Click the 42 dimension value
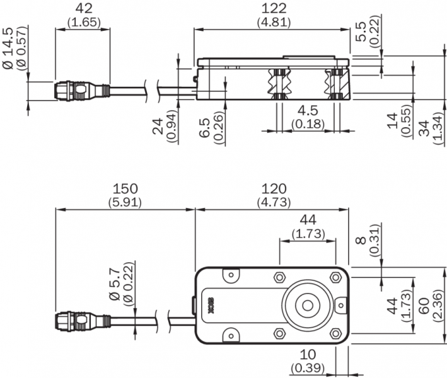(83, 9)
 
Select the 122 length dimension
(272, 9)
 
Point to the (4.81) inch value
(272, 22)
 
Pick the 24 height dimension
(158, 123)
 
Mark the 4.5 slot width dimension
(308, 110)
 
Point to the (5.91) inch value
(125, 202)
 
